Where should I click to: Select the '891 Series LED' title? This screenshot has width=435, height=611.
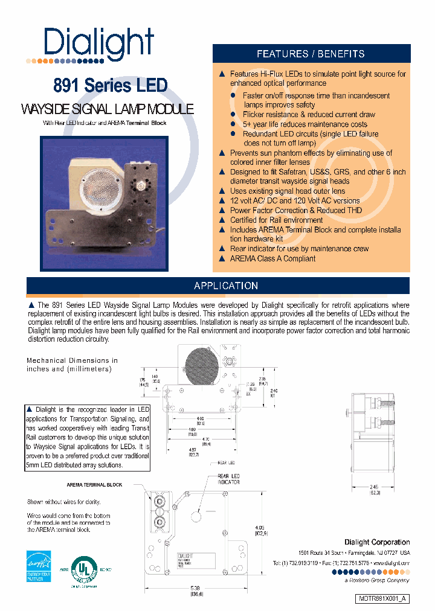pos(110,86)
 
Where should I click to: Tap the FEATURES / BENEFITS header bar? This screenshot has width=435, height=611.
pos(311,54)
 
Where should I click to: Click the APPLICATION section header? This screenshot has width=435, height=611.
pos(226,286)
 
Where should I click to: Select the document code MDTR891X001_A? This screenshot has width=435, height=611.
pos(382,598)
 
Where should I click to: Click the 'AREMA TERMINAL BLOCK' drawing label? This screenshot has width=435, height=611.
pos(94,485)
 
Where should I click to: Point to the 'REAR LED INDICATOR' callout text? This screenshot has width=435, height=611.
pos(228,479)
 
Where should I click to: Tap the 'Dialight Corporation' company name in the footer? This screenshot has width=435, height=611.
pos(377,542)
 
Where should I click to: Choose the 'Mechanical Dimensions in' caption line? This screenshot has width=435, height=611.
pos(72,360)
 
